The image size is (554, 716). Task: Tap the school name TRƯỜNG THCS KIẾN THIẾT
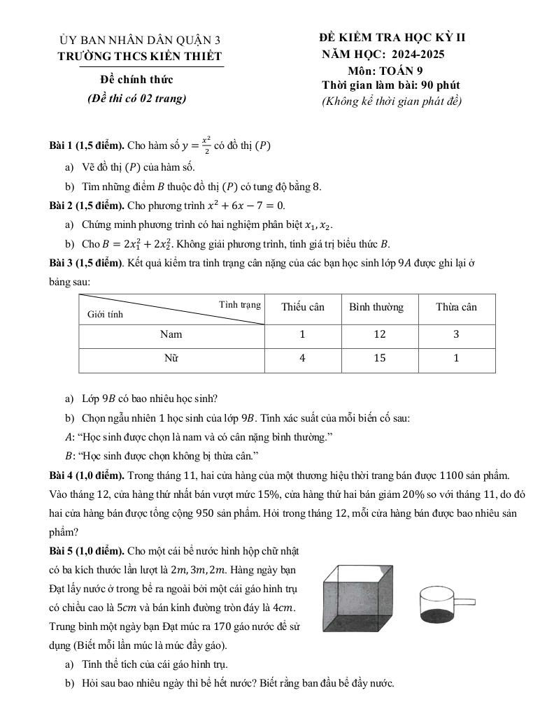coord(140,56)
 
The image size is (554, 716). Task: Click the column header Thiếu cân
coord(302,307)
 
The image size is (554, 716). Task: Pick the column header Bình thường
coord(376,307)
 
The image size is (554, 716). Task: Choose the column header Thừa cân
coord(456,307)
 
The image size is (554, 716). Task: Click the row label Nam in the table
coord(171,334)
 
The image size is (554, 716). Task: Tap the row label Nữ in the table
coord(171,359)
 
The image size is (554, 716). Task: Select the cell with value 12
coord(379,334)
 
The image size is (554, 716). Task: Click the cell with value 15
coord(379,359)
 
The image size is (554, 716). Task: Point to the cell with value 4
coord(302,359)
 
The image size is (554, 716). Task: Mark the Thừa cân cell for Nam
coord(456,334)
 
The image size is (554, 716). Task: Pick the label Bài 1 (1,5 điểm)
coord(87,146)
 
